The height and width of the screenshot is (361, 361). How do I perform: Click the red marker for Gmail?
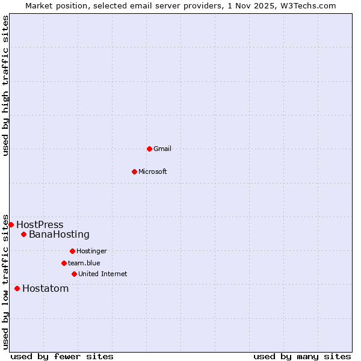[x=149, y=149]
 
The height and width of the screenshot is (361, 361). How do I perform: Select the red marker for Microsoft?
[x=134, y=171]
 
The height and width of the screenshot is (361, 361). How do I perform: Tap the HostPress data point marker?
[x=11, y=224]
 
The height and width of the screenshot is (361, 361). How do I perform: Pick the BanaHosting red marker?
[x=23, y=234]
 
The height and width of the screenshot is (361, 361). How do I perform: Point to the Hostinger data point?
[x=72, y=251]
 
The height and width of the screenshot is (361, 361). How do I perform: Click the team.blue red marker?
[x=64, y=263]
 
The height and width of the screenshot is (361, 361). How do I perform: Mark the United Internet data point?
[x=74, y=274]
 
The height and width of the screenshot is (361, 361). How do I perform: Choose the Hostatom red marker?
[x=17, y=288]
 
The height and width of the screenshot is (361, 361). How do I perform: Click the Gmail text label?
[x=162, y=149]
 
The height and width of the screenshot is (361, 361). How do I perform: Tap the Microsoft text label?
[x=153, y=171]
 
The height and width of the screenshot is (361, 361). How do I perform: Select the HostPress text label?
[x=40, y=224]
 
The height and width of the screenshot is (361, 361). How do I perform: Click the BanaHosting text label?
[x=59, y=234]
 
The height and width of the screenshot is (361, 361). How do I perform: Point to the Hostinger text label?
[x=91, y=251]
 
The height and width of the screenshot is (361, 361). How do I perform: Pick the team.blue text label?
[x=84, y=263]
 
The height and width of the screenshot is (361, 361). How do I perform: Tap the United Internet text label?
[x=103, y=274]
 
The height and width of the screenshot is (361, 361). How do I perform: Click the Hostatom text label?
[x=46, y=288]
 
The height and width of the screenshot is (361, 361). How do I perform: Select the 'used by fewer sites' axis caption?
[x=62, y=356]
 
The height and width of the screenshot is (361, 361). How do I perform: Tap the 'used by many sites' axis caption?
[x=302, y=356]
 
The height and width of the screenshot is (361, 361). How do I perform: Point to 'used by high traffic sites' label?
[x=5, y=85]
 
